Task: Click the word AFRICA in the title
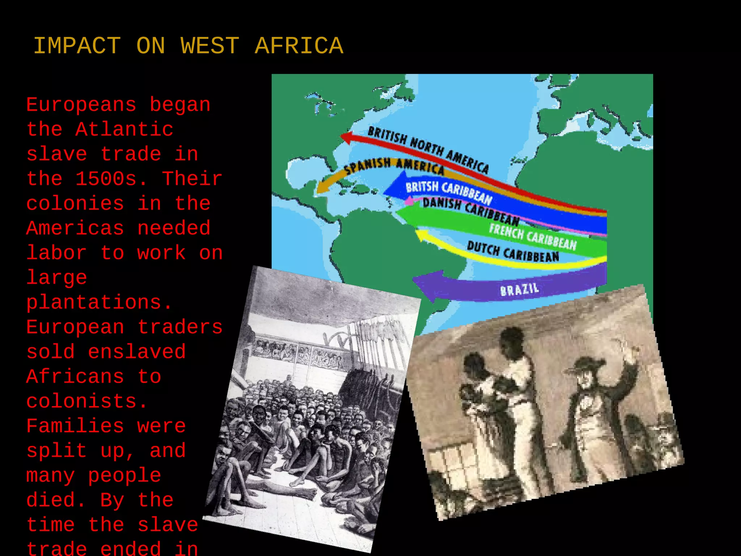[299, 46]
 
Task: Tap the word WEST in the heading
[210, 46]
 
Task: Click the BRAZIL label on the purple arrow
[520, 290]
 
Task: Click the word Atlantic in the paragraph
[124, 130]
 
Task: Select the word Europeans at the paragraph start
[81, 105]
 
